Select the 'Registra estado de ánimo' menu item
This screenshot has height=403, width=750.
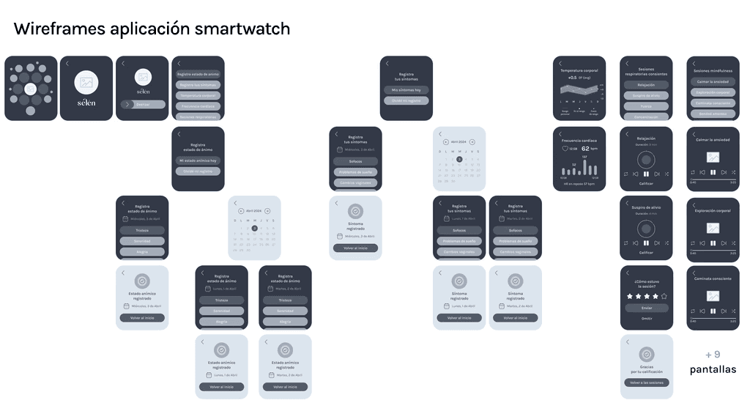[198, 74]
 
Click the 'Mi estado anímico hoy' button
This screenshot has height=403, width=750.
[198, 160]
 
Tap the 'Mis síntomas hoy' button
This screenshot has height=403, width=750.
[406, 90]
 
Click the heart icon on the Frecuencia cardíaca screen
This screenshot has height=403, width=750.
[565, 149]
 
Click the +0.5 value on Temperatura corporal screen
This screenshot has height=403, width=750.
[572, 77]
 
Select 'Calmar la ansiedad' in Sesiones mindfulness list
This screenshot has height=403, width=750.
[713, 81]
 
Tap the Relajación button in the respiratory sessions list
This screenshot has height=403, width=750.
[646, 85]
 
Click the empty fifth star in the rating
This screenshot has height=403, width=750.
[664, 296]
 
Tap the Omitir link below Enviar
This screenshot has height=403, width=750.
[646, 318]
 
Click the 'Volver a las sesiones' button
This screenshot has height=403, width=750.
[646, 383]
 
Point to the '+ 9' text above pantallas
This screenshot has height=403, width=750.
[713, 355]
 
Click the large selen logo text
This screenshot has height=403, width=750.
[86, 103]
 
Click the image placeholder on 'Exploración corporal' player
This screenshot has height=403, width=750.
[713, 228]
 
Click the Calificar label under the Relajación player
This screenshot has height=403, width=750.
[646, 183]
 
